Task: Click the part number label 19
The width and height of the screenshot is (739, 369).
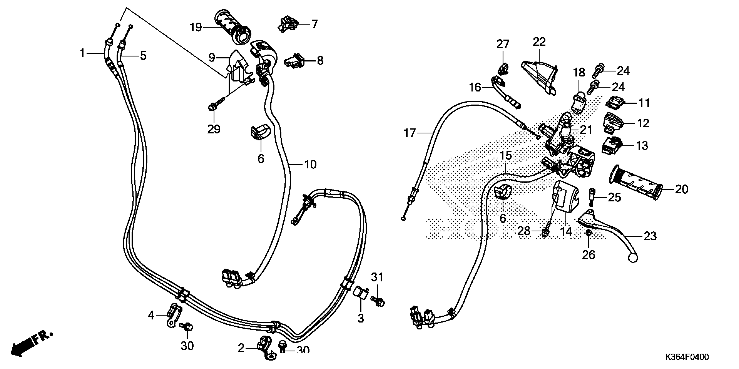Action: point(196,28)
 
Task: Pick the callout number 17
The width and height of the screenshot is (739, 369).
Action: point(410,133)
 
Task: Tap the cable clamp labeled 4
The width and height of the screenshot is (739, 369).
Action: point(174,315)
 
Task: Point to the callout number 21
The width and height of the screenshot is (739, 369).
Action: point(586,130)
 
